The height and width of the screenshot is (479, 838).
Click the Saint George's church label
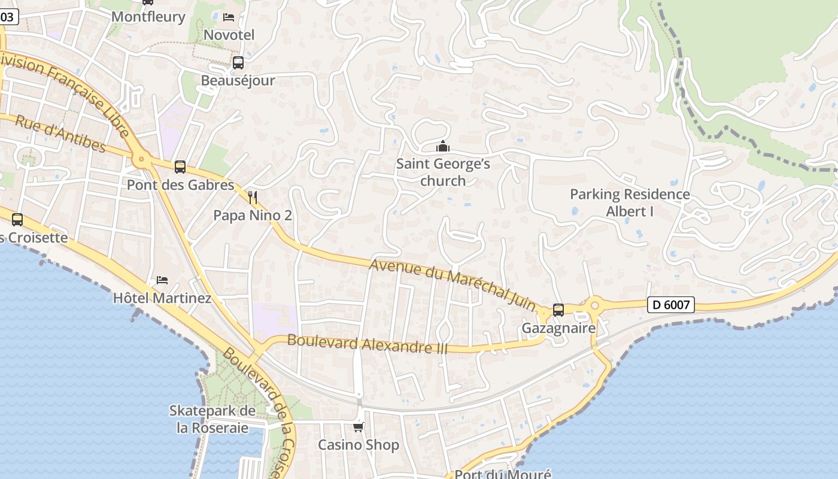point(443,172)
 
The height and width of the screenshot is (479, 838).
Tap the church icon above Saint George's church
point(443,146)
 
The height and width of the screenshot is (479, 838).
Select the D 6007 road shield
point(670,305)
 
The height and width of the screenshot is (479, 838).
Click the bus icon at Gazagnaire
point(558,310)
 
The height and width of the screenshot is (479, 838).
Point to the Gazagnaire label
point(558,328)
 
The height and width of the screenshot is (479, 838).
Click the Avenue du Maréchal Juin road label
point(453,284)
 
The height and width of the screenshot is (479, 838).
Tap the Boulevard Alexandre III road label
point(367,344)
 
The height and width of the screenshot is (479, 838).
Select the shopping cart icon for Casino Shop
point(358,427)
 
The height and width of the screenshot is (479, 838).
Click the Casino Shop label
point(358,445)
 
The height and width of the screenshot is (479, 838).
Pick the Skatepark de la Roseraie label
point(212,419)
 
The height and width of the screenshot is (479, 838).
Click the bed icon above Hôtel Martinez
point(162,280)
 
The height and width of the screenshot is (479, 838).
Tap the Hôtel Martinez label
point(162,298)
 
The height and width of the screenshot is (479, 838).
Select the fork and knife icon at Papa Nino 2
point(253,197)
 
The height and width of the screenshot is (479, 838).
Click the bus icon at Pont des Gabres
point(180,167)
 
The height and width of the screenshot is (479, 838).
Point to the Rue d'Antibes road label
point(60,134)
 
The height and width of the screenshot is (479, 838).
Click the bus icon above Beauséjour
point(238,63)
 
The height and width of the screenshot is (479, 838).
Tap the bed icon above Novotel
point(229,17)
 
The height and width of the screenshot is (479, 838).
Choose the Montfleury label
point(148,16)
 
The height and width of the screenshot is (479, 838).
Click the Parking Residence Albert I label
point(630,203)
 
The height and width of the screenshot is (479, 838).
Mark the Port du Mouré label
point(503,474)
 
